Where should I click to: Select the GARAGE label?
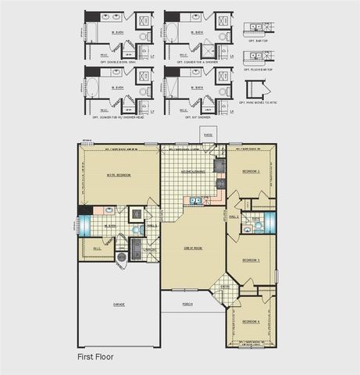[x=119, y=305]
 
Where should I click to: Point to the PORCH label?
[x=187, y=303]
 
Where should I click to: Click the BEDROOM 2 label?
[x=251, y=170]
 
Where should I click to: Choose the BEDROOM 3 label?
[x=251, y=259]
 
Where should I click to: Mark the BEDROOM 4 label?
[x=251, y=321]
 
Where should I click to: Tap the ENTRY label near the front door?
[x=225, y=287]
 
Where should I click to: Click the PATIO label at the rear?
[x=209, y=134]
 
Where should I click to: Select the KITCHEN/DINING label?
[x=193, y=170]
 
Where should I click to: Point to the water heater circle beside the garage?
[x=122, y=257]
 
